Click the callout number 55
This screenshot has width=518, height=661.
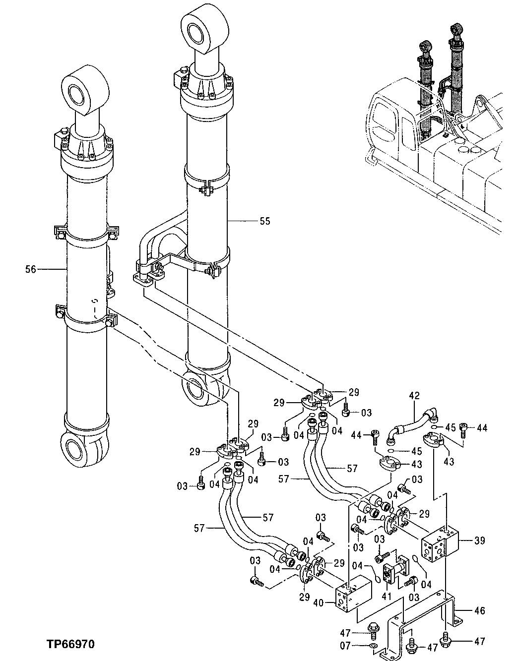[265, 221]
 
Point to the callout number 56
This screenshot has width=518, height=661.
[31, 269]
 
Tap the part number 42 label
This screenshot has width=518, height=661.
[414, 396]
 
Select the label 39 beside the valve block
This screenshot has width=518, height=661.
[479, 541]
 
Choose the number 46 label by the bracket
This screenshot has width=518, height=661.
[479, 610]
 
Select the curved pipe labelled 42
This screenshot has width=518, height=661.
[411, 422]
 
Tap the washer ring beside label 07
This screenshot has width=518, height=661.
[373, 646]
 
